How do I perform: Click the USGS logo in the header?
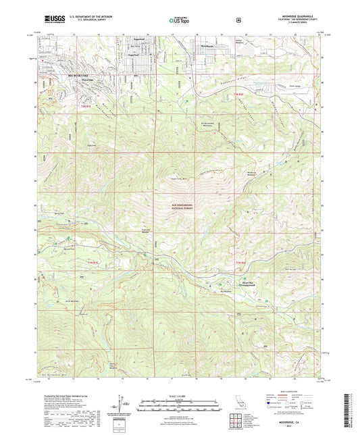(53, 19)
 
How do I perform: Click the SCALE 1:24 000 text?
(180, 395)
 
